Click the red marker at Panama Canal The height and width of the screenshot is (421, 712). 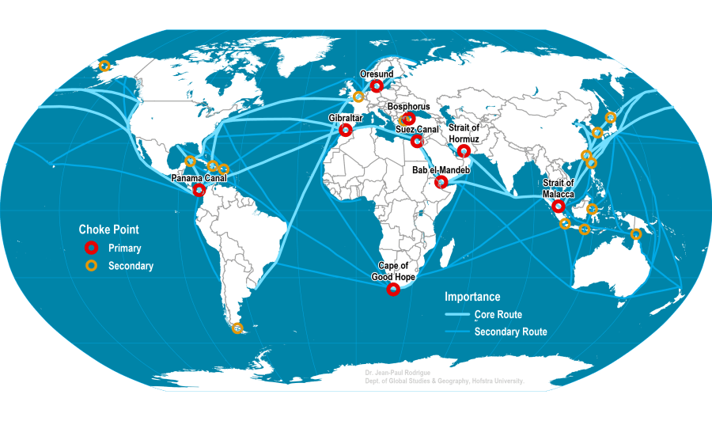199,190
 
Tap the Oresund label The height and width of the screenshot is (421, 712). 377,74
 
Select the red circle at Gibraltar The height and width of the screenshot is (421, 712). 345,130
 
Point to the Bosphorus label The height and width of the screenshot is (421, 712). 409,106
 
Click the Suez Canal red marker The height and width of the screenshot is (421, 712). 417,142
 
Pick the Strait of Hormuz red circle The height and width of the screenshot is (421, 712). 464,150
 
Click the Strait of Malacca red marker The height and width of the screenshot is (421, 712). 559,206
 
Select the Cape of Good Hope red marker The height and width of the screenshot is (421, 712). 393,290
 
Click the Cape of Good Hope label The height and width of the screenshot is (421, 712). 393,271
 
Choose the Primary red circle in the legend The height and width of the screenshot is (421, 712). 92,248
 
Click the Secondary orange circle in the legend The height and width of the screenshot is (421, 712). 92,266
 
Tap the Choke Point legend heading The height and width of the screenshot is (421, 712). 108,229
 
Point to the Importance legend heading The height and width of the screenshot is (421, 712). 472,297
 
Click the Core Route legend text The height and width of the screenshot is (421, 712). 498,315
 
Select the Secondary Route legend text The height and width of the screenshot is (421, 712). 510,332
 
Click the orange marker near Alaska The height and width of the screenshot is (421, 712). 104,66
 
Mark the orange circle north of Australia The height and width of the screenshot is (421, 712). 636,233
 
